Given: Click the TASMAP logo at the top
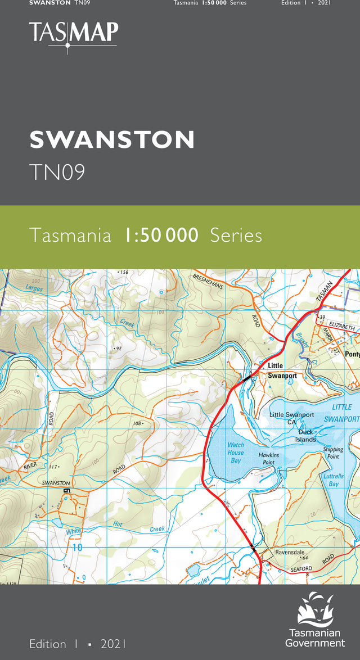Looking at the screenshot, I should tap(73, 35).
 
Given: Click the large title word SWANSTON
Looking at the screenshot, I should tap(112, 139).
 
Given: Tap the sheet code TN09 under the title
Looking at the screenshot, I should tap(57, 172).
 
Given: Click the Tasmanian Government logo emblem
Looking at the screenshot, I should tap(315, 607).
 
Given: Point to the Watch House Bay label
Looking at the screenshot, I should tap(235, 453).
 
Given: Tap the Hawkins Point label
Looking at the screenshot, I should tap(268, 458).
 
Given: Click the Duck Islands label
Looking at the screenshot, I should tap(307, 436).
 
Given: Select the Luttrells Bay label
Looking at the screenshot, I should tap(334, 480).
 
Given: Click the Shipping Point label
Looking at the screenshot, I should tap(332, 453).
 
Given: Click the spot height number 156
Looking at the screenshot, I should tap(124, 273).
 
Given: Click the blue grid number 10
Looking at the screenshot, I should tap(77, 547).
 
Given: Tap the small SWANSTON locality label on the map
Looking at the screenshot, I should tap(56, 483).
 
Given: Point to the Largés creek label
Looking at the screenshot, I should tap(34, 288).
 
